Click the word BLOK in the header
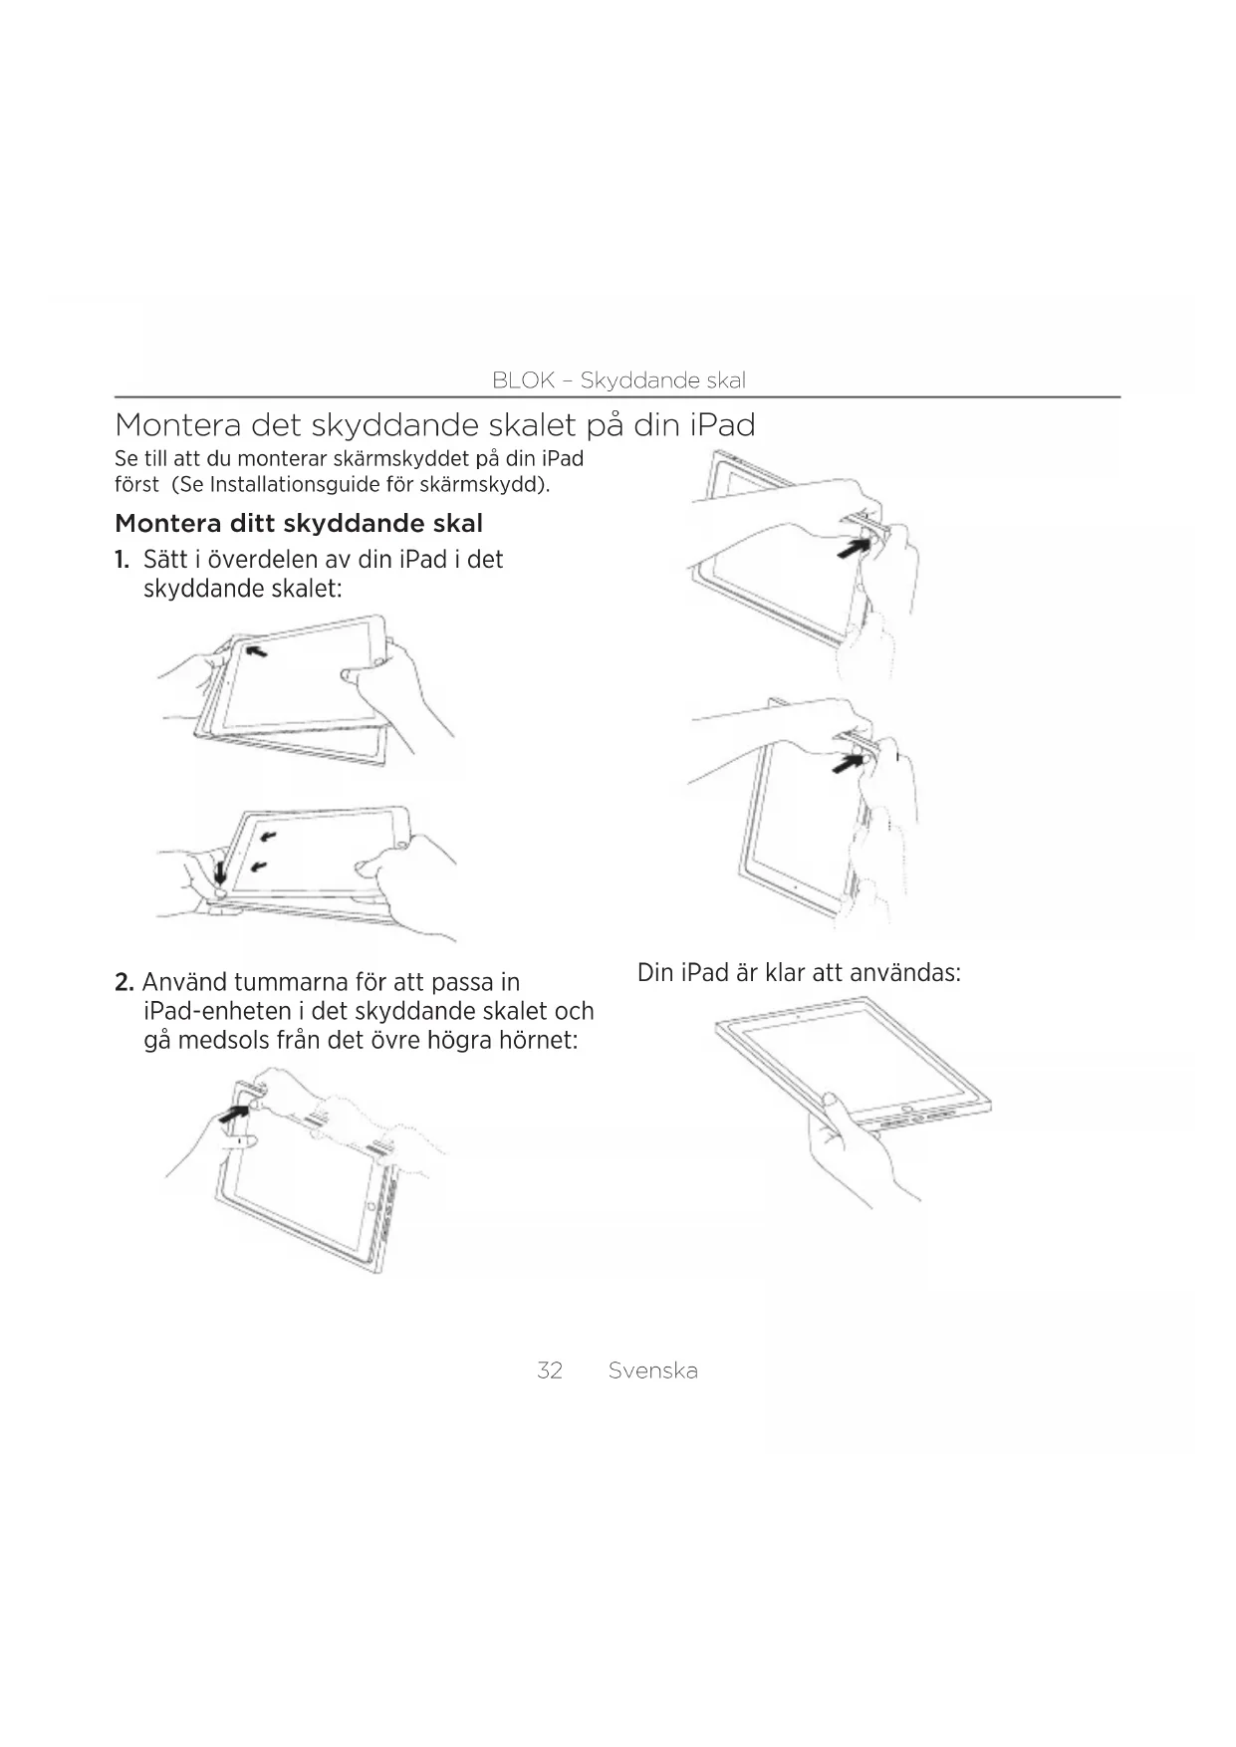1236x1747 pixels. pyautogui.click(x=523, y=380)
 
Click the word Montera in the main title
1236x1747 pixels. pyautogui.click(x=176, y=426)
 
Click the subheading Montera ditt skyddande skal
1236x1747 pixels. pyautogui.click(x=299, y=524)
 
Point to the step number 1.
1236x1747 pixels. pyautogui.click(x=122, y=560)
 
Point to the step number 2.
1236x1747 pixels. pyautogui.click(x=124, y=983)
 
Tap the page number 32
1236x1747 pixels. pyautogui.click(x=550, y=1371)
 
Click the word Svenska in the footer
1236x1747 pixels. pyautogui.click(x=652, y=1371)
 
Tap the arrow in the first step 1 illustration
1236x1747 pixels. pyautogui.click(x=256, y=651)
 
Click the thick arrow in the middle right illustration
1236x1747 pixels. pyautogui.click(x=848, y=763)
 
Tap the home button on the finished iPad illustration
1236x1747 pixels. pyautogui.click(x=906, y=1109)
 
